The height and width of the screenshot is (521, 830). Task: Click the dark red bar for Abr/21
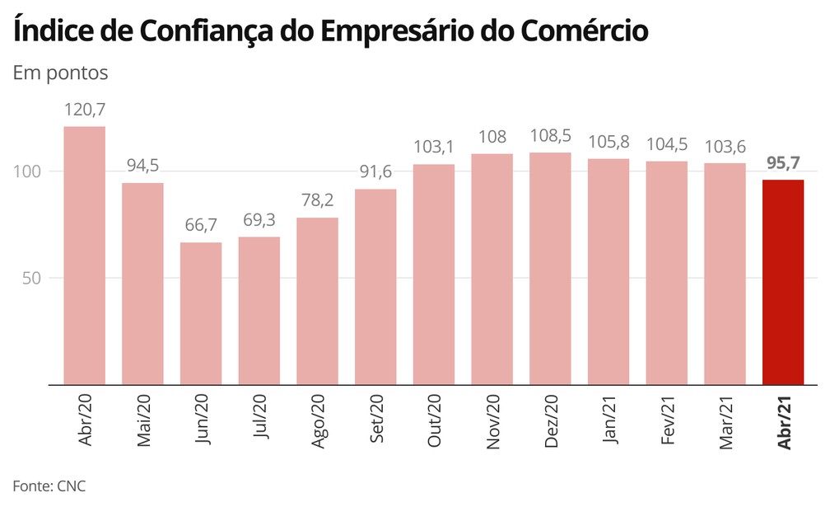pos(783,282)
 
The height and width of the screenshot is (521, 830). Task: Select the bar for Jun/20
pos(201,313)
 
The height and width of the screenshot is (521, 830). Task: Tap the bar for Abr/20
pos(85,256)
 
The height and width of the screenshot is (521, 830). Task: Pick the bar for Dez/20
pos(550,269)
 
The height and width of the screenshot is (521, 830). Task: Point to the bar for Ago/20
pos(317,301)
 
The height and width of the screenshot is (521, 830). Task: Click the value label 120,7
pos(85,110)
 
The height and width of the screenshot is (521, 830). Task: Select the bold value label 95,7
pos(783,162)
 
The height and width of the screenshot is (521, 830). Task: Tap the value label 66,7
pos(201,225)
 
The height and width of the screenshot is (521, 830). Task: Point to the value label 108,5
pos(550,135)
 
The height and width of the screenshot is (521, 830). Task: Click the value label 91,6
pos(375,172)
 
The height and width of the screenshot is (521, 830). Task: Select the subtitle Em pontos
pos(60,73)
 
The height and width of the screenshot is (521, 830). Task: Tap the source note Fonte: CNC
pos(49,486)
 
